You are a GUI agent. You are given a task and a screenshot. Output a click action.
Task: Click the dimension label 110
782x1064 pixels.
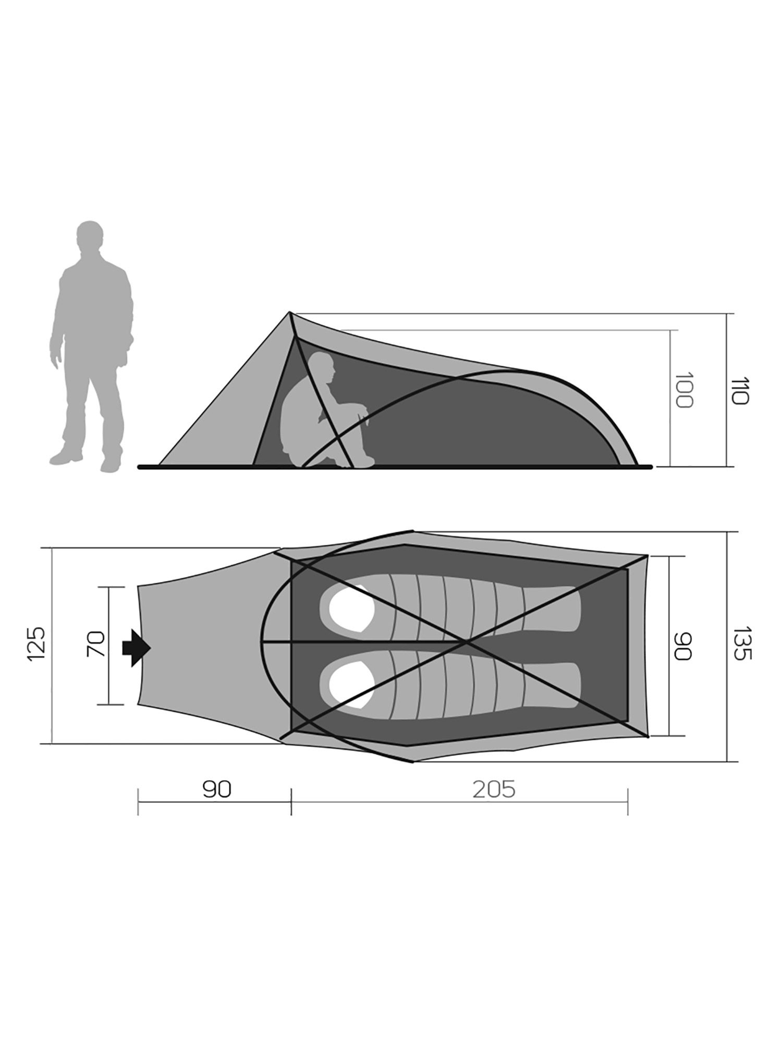tap(740, 390)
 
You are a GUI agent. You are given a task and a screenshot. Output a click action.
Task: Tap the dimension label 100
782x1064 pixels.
tap(683, 390)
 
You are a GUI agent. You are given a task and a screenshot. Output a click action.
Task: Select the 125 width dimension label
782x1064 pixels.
tap(36, 644)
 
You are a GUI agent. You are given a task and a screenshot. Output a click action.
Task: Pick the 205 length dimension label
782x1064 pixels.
tap(494, 789)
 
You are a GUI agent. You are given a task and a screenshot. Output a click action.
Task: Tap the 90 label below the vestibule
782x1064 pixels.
tap(217, 789)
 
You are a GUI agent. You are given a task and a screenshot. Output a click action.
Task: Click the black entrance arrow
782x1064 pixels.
tap(136, 648)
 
